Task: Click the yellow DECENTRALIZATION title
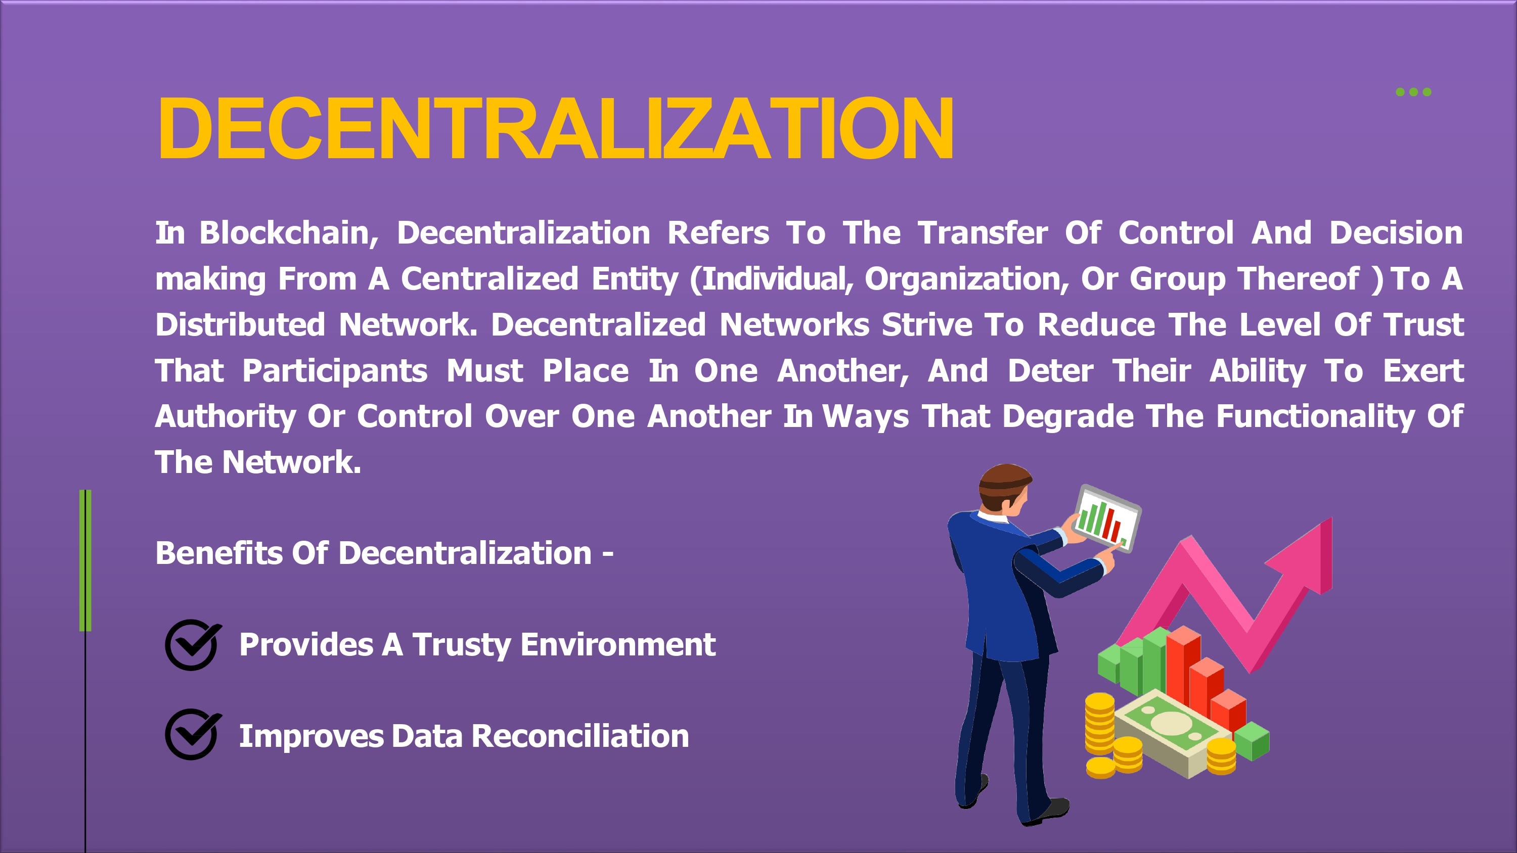(x=555, y=128)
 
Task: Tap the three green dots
(x=1413, y=92)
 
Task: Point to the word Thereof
(x=1299, y=278)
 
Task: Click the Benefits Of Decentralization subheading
(x=384, y=553)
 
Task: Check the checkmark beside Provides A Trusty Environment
(x=193, y=645)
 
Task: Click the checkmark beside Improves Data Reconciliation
(x=193, y=735)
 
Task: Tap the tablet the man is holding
(x=1106, y=518)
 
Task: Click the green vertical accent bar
(x=85, y=560)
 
